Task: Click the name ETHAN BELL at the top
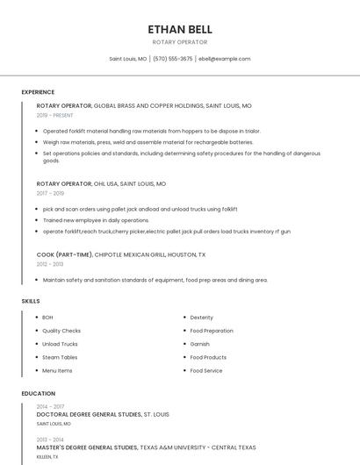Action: (180, 29)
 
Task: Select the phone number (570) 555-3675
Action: (173, 59)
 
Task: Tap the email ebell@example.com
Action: (225, 59)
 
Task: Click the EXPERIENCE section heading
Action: (38, 92)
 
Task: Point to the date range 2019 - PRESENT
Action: (55, 115)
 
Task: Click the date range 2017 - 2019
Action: (50, 193)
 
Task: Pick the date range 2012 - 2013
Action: (50, 263)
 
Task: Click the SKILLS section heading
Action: (31, 301)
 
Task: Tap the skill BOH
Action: (47, 318)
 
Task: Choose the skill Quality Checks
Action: (61, 331)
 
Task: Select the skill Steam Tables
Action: (60, 357)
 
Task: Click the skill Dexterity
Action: (202, 318)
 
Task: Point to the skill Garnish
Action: (199, 344)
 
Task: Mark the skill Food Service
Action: (206, 370)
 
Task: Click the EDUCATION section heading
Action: (38, 394)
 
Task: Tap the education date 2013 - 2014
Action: (50, 439)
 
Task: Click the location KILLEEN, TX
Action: (47, 456)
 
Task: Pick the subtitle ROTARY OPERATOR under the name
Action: (180, 42)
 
